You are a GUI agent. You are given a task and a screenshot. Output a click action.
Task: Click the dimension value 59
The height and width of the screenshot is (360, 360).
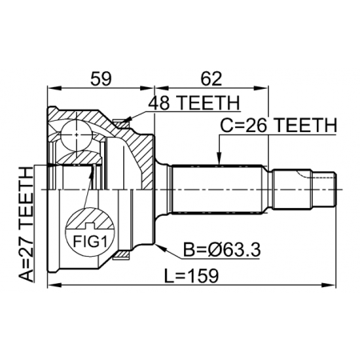coord(100,78)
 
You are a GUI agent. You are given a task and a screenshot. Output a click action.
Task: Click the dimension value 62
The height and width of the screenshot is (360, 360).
coord(210,78)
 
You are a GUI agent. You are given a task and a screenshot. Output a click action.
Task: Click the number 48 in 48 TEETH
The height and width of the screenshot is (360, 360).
coord(158,102)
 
